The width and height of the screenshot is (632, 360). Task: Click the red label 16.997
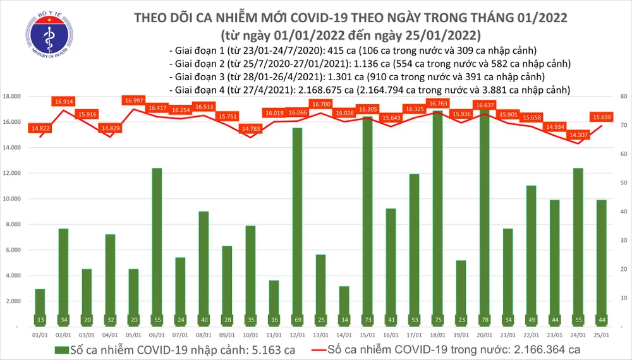[135, 100]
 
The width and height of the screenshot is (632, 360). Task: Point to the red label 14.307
[578, 135]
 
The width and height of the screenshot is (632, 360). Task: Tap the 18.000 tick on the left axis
[16, 97]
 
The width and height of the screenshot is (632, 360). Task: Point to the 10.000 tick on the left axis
[16, 199]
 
